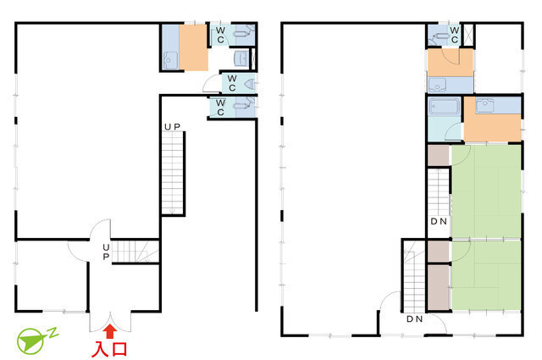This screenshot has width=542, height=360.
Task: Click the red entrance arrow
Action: click(110, 331)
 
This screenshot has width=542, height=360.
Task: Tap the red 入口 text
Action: click(109, 349)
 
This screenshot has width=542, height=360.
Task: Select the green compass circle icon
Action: click(30, 341)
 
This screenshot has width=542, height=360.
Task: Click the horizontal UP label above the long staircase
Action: click(172, 127)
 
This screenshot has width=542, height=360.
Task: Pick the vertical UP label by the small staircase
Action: click(106, 252)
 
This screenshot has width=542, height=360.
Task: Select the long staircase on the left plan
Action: click(173, 174)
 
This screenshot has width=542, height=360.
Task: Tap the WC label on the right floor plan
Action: click(454, 36)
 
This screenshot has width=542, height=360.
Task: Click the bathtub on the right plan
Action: click(444, 107)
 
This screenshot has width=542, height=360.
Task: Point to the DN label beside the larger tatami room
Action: click(439, 221)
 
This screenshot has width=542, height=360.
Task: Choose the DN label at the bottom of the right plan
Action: click(414, 318)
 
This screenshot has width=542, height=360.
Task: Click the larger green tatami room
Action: click(486, 191)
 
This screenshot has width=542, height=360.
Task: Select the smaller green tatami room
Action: click(486, 275)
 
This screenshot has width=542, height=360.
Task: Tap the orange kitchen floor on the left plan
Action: click(193, 47)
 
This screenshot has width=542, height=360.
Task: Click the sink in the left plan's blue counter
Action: click(169, 60)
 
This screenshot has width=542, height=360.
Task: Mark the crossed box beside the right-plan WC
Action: click(468, 35)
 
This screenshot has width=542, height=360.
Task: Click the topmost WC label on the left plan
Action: click(220, 36)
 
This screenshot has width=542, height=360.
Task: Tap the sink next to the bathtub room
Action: click(485, 106)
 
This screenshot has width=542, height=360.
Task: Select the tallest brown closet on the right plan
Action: click(439, 287)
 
